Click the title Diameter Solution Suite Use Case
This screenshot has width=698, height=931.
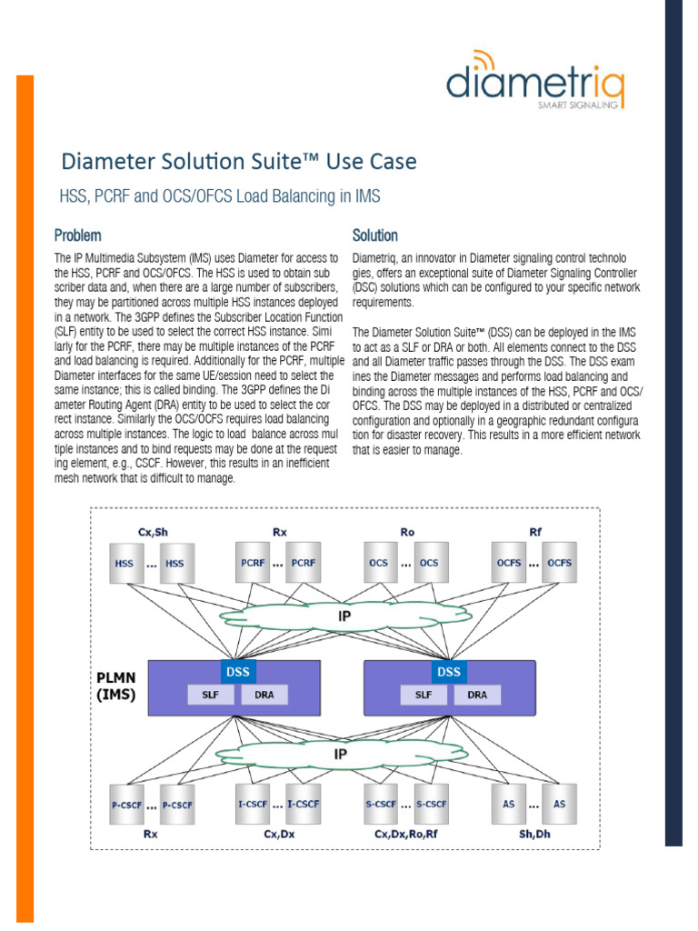pos(239,162)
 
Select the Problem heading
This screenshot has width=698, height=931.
pos(77,235)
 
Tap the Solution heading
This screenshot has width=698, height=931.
pos(374,235)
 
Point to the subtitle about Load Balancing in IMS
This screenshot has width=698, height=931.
pos(219,195)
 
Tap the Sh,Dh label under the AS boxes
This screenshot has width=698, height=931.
pos(534,832)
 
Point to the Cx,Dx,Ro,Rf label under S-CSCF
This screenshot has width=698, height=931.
pos(405,832)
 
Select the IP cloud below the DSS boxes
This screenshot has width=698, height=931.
pos(340,754)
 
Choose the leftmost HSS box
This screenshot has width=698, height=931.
pos(125,564)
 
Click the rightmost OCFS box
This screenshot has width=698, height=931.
pos(559,564)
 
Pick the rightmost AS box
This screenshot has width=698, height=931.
pos(559,805)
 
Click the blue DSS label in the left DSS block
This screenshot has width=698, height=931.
pos(238,672)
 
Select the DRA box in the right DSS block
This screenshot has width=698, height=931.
pos(476,695)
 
